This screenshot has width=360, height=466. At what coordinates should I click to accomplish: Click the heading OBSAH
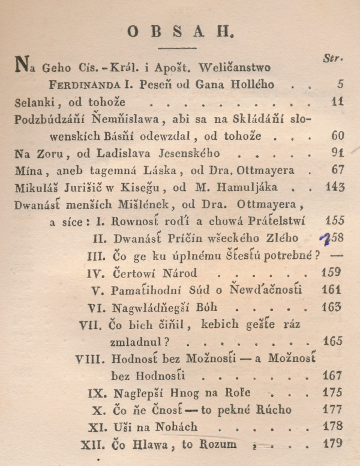pyautogui.click(x=180, y=32)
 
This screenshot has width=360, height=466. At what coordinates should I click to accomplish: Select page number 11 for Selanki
pyautogui.click(x=337, y=103)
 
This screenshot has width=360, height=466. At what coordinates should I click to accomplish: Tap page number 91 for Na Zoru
pyautogui.click(x=337, y=153)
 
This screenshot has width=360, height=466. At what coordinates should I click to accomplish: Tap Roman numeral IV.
pyautogui.click(x=96, y=273)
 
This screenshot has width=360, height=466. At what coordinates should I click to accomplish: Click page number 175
pyautogui.click(x=333, y=393)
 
